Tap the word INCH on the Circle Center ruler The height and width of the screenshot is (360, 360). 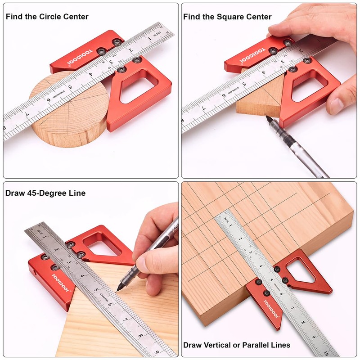[x=157, y=36]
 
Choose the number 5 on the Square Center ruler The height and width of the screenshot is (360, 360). [x=243, y=84]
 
